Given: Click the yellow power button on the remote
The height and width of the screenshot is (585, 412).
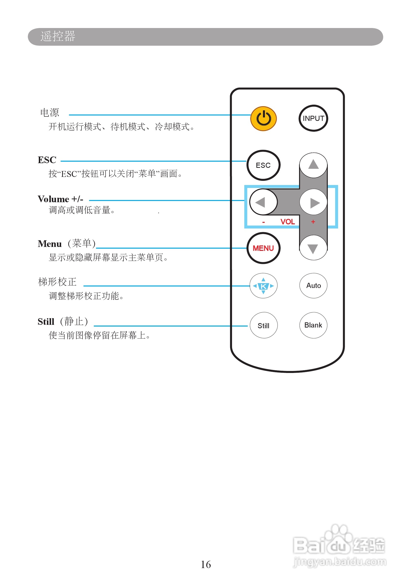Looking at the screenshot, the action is tap(263, 119).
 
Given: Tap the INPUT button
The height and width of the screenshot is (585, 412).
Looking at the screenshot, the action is tap(313, 118).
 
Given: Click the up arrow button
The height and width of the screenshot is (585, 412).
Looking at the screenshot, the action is tap(313, 165).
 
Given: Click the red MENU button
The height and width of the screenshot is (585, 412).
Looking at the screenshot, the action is tap(263, 248).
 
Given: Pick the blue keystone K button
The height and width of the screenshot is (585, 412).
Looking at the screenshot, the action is tap(263, 286).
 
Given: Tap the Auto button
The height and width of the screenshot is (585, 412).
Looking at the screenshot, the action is tap(314, 286).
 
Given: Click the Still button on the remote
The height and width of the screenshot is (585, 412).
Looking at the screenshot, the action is tap(263, 326).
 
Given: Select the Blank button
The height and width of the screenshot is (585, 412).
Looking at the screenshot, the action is tap(313, 325).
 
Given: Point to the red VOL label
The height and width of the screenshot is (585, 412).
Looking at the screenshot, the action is tap(288, 222).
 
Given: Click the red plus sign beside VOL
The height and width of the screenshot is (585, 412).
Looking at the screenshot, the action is tap(313, 222).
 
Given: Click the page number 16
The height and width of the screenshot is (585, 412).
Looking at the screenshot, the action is tap(206, 565).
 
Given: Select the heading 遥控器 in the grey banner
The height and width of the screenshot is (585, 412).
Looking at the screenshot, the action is tap(58, 36).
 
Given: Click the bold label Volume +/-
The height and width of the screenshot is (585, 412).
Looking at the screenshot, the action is tap(60, 199).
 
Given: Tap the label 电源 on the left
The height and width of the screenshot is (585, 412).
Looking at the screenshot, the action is tap(50, 113).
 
